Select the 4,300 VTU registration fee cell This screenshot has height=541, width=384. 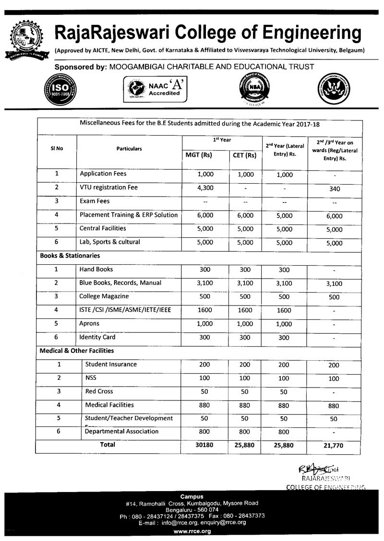(x=205, y=188)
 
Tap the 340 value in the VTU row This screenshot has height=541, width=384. (x=335, y=189)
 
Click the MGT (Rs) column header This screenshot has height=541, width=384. (x=199, y=155)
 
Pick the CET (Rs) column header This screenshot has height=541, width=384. (x=244, y=155)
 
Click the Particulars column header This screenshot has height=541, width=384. (x=129, y=149)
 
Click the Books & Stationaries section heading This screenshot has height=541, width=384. (x=70, y=256)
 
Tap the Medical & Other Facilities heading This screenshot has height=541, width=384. (x=77, y=351)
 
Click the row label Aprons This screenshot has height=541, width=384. (x=89, y=324)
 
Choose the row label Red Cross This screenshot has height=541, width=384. (x=99, y=391)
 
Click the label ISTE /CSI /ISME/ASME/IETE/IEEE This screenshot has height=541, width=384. (x=125, y=310)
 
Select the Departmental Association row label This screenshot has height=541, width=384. (x=121, y=431)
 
